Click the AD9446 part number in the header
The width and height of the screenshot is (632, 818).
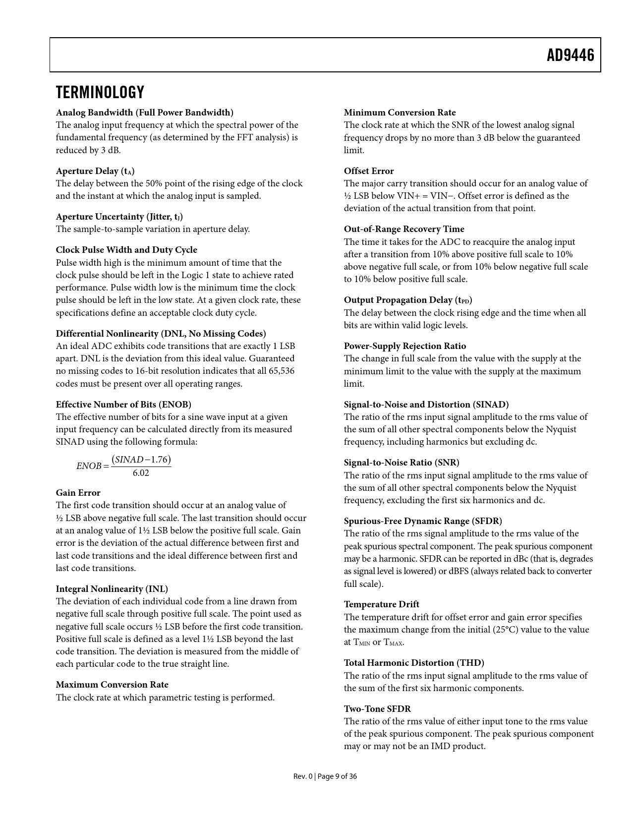[x=570, y=56]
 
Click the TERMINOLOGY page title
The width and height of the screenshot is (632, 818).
[x=100, y=92]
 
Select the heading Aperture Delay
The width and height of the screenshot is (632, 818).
[x=95, y=171]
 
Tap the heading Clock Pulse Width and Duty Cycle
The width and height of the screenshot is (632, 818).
[x=126, y=250]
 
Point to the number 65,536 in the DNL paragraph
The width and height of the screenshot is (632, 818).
[x=280, y=371]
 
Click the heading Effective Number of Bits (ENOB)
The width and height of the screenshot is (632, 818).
[x=123, y=405]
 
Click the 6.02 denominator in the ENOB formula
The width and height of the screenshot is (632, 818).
[x=141, y=473]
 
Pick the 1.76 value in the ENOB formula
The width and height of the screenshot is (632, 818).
[x=160, y=460]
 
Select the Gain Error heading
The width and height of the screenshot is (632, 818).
[x=78, y=493]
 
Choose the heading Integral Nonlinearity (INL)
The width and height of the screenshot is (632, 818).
[x=112, y=589]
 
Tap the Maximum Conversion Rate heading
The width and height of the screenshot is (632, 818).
[x=112, y=685]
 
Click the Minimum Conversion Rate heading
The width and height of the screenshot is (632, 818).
[x=400, y=113]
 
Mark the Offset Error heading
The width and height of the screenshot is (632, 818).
[x=369, y=171]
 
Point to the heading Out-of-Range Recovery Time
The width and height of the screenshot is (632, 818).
[x=404, y=229]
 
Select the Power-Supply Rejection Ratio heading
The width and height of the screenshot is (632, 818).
[x=405, y=346]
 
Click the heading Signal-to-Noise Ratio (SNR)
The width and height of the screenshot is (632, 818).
[x=402, y=463]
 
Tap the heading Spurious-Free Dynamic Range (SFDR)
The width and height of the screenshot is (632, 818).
[x=423, y=521]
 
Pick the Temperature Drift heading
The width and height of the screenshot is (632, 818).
[x=381, y=604]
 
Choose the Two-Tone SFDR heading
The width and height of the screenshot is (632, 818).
[x=377, y=709]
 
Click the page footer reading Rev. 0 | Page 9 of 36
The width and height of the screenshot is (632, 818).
[x=325, y=776]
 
